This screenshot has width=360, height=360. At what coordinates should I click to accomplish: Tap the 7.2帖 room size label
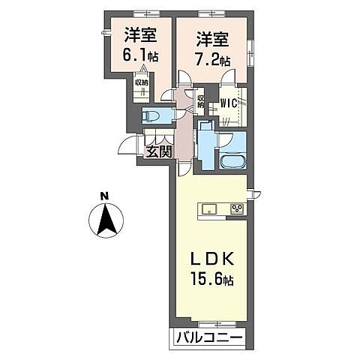212,58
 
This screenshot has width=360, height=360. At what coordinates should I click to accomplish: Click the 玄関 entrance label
158,151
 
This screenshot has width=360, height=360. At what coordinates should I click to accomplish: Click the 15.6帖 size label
213,280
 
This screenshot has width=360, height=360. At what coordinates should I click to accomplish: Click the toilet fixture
154,115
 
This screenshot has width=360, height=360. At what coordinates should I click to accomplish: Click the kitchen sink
208,208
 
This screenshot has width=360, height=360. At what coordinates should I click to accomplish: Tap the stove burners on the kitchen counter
237,208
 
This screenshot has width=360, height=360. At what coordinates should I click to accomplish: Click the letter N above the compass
105,197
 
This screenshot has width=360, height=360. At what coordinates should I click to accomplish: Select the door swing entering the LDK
187,165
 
